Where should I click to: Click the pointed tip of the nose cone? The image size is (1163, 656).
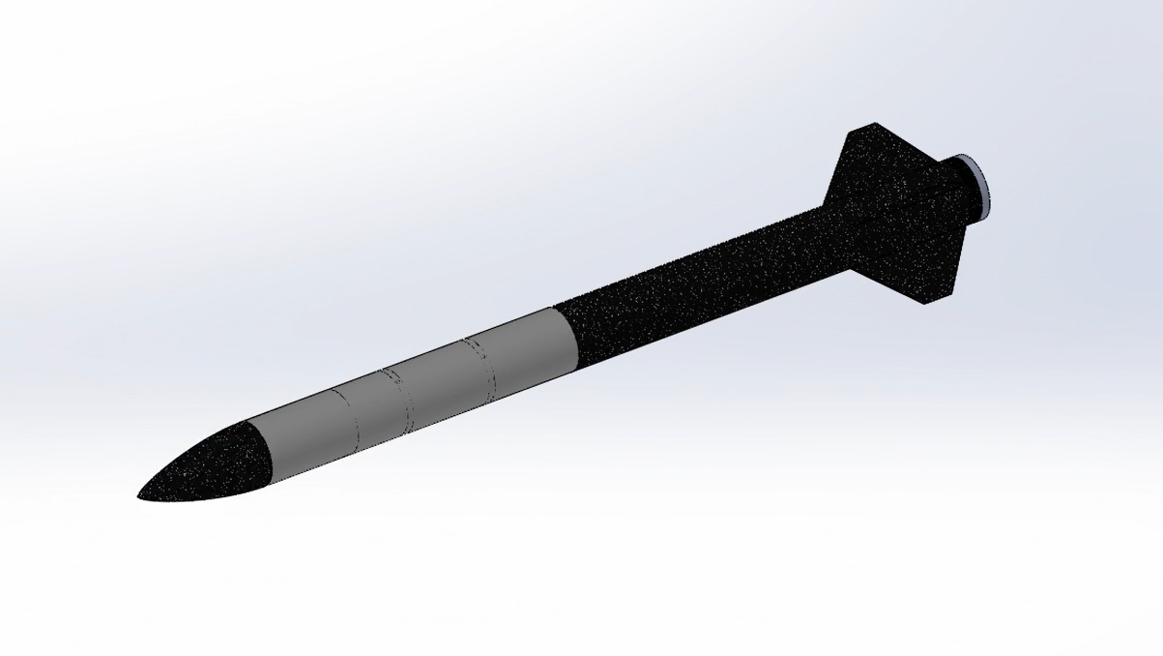(x=141, y=496)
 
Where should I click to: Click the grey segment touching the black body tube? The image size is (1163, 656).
(x=527, y=346)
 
